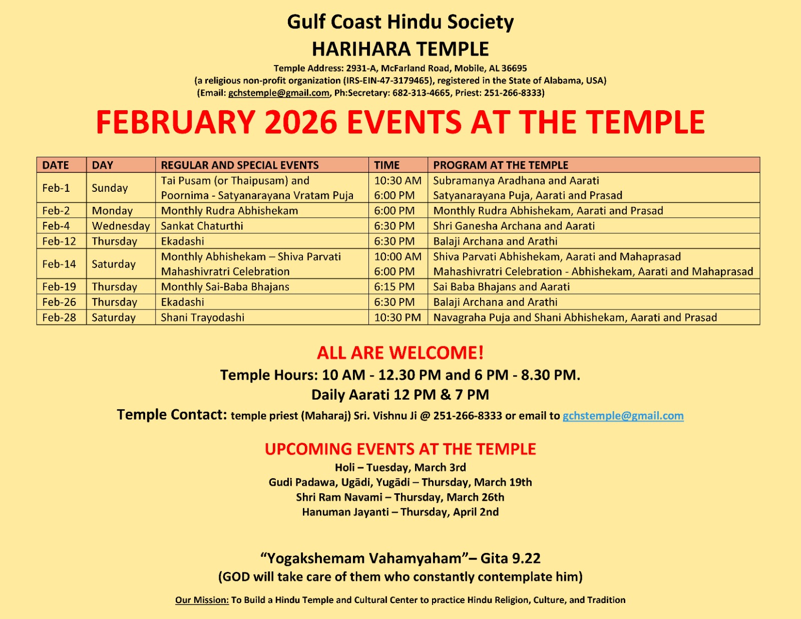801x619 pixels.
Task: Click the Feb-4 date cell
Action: [x=56, y=226]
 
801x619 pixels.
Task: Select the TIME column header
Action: [x=387, y=165]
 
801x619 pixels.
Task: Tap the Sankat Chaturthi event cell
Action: [x=202, y=226]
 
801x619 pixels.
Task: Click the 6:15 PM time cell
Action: [x=394, y=287]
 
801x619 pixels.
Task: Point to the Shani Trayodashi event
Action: [x=203, y=318]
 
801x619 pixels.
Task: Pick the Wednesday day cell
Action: [x=121, y=226]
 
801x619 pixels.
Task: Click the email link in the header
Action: [x=279, y=93]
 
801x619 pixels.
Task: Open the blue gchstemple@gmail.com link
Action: [x=623, y=416]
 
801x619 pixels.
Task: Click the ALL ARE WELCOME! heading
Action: [x=400, y=353]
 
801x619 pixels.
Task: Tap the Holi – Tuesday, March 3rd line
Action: [x=400, y=468]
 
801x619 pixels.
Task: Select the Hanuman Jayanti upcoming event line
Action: [x=400, y=512]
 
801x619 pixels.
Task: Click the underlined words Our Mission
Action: [x=202, y=600]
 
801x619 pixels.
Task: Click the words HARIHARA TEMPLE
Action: [x=400, y=49]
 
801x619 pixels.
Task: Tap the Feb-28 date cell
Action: [x=59, y=318]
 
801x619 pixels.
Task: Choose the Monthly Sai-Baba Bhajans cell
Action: [x=225, y=287]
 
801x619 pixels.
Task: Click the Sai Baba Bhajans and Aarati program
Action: [x=501, y=287]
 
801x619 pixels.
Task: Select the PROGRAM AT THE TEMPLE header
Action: [x=501, y=165]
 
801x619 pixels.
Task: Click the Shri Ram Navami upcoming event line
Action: [x=400, y=497]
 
